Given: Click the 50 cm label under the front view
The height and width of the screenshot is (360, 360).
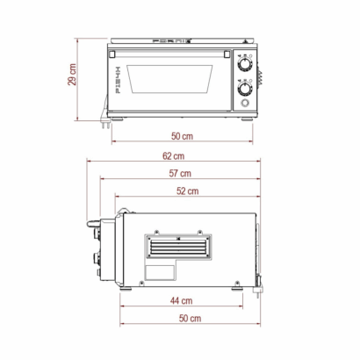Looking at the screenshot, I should click(x=183, y=137).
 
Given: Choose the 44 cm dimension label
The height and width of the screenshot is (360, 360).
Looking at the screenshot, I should click(x=181, y=300).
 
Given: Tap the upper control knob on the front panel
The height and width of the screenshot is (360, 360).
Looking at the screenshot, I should click(x=243, y=65).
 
